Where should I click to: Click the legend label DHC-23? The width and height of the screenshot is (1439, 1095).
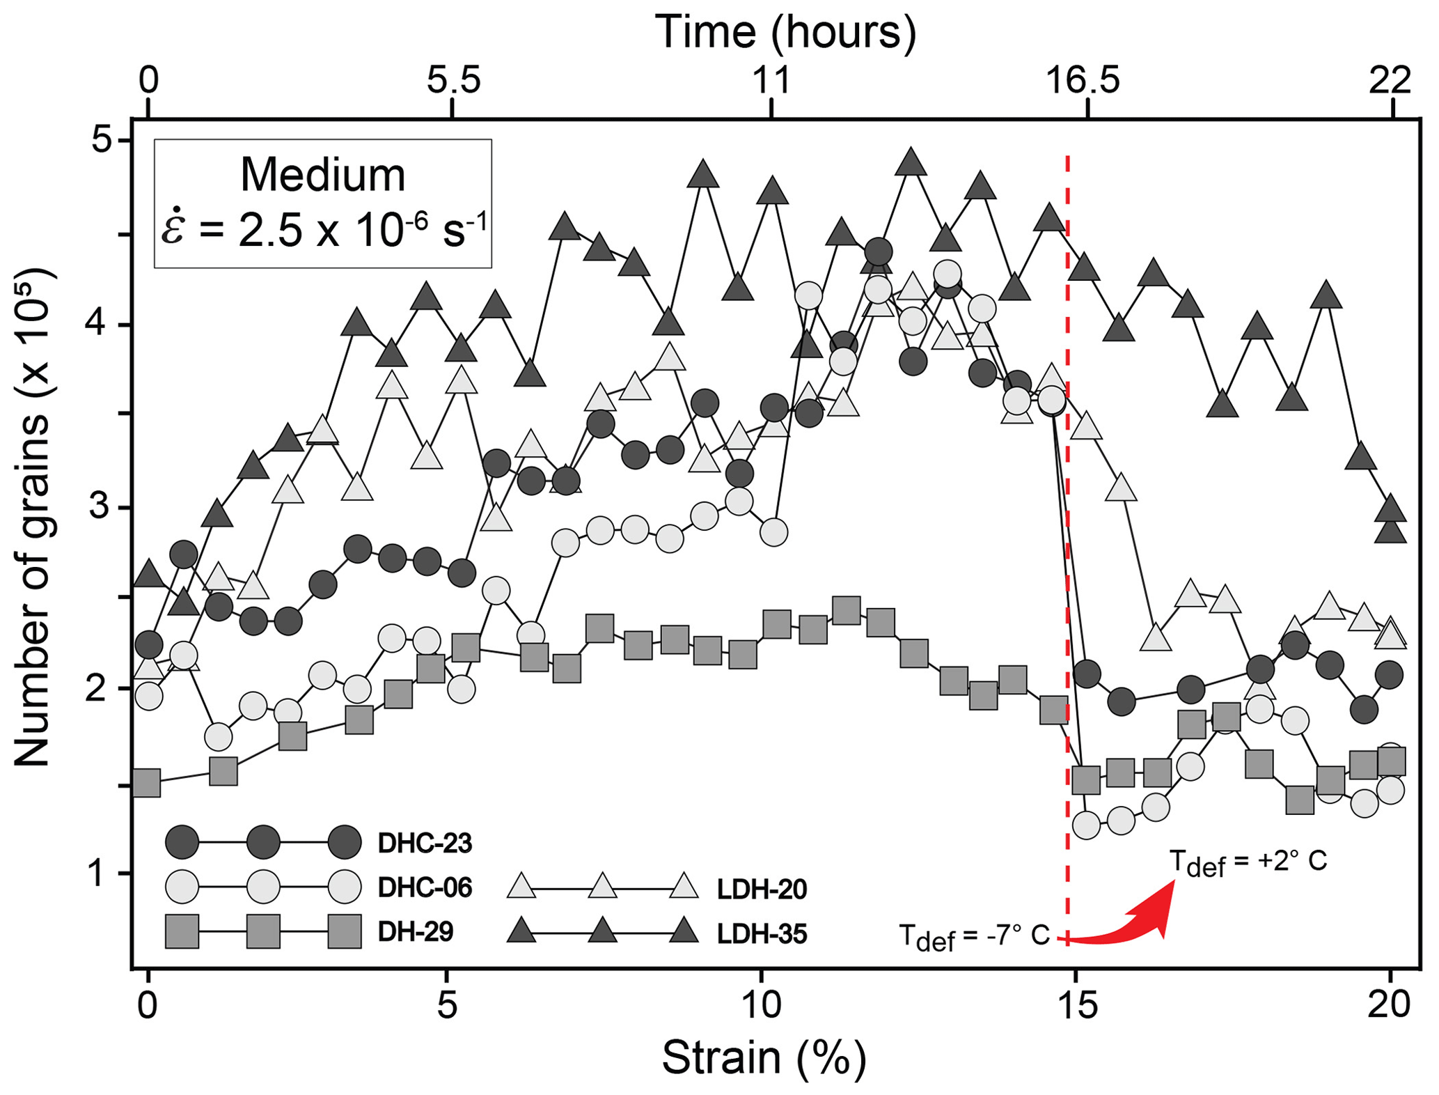point(425,844)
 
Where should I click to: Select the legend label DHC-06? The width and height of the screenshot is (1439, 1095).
point(425,888)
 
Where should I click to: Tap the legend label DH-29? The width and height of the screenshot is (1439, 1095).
point(416,932)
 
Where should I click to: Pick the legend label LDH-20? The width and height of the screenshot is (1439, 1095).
point(762,890)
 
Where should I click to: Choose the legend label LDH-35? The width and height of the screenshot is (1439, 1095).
point(762,934)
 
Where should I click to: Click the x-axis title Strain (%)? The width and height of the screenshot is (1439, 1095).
point(764,1057)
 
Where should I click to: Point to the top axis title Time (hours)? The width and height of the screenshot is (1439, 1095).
point(786,31)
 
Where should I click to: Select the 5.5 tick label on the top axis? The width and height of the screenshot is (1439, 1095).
point(454,80)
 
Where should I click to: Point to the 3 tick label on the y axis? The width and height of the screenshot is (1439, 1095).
point(103,507)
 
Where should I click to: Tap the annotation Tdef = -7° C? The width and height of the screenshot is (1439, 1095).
point(974,936)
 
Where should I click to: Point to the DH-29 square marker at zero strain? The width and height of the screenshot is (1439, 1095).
point(147,782)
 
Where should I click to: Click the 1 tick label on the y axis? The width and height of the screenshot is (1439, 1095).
point(103,872)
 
